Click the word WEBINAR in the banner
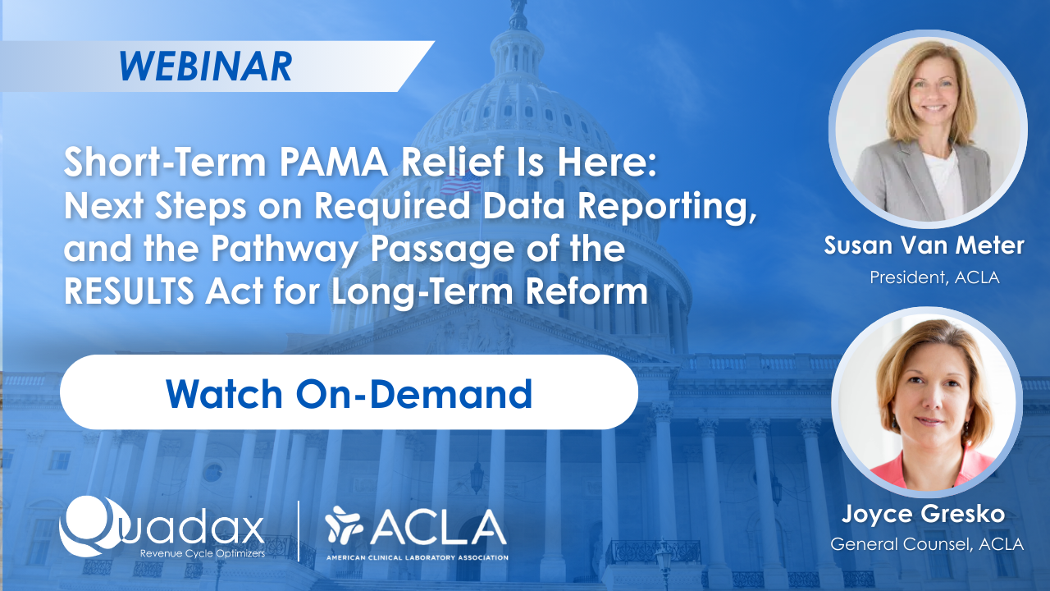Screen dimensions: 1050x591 point(206,66)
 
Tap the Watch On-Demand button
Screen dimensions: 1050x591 point(349,392)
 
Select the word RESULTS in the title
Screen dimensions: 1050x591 point(129,291)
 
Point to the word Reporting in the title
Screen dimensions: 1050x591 point(668,207)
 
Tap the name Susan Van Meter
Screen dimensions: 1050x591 point(924,245)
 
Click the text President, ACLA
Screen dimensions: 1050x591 point(934,277)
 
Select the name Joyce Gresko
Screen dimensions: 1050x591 point(923,514)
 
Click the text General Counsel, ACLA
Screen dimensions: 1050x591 point(927,544)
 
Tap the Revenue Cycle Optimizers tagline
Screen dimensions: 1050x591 point(203,553)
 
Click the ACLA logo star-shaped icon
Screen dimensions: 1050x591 point(344,524)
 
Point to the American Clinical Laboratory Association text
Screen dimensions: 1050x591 point(418,557)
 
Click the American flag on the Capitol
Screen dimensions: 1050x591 point(461,182)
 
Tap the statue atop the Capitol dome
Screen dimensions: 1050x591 point(518,14)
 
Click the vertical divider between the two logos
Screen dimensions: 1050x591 point(299,531)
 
